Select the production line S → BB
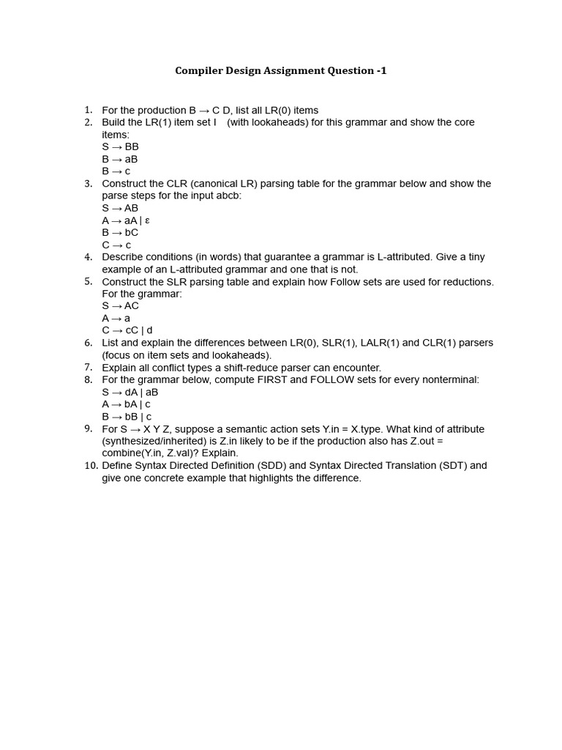[x=120, y=146]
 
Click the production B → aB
[x=119, y=159]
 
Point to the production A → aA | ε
[x=126, y=220]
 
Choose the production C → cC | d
[x=127, y=330]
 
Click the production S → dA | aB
[x=130, y=392]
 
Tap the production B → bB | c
[x=127, y=417]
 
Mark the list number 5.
[x=88, y=281]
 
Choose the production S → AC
[x=120, y=306]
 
